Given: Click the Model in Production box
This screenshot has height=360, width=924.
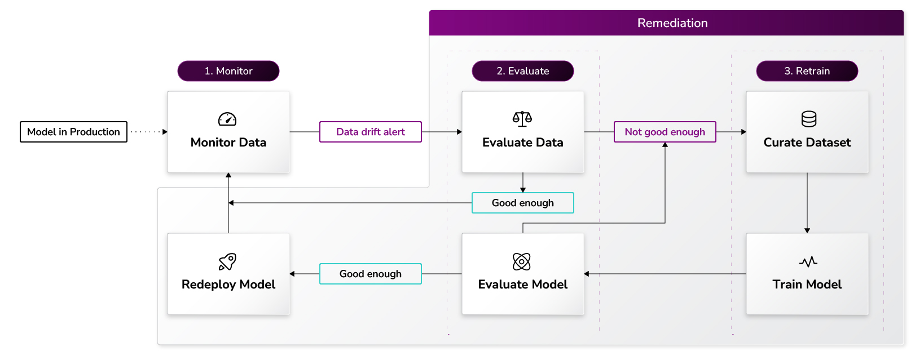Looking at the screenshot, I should click(73, 132).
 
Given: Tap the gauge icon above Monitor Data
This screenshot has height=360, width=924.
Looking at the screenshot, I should click(227, 119).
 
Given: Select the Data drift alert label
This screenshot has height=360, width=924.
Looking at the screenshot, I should click(370, 132).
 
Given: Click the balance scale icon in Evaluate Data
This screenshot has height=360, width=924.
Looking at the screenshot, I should click(522, 119).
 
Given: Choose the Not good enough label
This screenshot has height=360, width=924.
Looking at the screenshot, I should click(665, 132).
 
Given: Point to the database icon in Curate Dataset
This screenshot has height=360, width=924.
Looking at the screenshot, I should click(808, 119).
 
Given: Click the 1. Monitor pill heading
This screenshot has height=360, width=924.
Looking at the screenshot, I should click(228, 71).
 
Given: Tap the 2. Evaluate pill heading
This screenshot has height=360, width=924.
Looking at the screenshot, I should click(522, 71).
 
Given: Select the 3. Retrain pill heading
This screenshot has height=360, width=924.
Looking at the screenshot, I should click(807, 71).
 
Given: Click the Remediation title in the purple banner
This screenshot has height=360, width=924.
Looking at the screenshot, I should click(672, 23).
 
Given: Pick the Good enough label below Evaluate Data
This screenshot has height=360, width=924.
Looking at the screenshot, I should click(522, 203).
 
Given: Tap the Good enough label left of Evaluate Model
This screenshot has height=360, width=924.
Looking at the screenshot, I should click(370, 274).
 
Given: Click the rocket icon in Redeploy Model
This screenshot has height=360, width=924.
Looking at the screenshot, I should click(227, 261).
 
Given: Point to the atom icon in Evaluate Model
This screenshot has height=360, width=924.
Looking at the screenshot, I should click(522, 261).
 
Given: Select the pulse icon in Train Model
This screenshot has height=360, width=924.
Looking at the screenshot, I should click(808, 261).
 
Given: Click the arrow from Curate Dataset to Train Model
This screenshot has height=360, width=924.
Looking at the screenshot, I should click(807, 203).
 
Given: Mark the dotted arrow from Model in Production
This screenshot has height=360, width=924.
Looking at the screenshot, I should click(148, 132).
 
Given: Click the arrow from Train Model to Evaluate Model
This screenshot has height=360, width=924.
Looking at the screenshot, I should click(666, 274).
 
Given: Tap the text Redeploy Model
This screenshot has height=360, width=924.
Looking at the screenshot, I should click(228, 285).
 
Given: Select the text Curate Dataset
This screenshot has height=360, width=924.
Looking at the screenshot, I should click(807, 143).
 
